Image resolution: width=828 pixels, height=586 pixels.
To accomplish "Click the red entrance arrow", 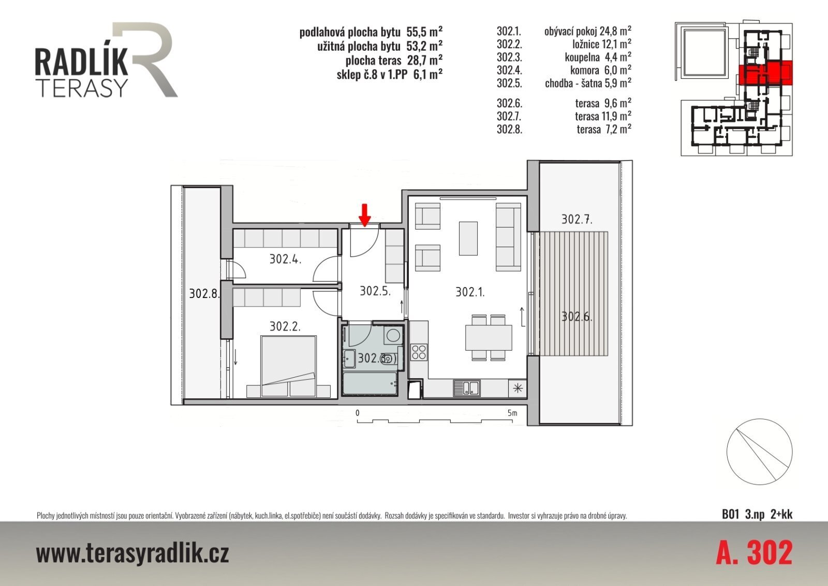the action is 365,215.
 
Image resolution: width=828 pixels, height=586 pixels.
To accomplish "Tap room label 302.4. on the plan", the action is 285,259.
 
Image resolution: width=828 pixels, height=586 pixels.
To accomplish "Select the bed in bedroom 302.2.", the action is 289,366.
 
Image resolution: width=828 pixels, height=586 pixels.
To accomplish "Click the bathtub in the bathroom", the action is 369,383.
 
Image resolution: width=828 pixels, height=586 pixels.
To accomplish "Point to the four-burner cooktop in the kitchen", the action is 419,352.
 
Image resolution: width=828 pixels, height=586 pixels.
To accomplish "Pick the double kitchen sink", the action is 466,388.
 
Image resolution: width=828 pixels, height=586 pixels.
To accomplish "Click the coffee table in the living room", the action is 468,238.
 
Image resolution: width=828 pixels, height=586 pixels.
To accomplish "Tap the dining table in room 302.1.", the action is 489,337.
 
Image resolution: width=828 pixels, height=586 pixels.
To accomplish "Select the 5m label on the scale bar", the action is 512,413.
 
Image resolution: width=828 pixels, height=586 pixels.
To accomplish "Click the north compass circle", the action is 760,452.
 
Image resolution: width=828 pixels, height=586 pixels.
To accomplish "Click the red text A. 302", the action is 754,553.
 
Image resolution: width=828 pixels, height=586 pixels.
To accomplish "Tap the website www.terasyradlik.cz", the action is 132,553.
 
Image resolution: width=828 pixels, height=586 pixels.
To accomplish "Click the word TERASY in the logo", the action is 83,88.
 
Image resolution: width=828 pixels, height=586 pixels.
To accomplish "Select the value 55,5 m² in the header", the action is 424,32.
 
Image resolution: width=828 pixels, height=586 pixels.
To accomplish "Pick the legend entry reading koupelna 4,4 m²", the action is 598,58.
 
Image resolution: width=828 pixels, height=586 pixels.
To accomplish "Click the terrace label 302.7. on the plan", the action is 576,219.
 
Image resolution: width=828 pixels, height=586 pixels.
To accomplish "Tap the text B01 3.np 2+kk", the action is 757,514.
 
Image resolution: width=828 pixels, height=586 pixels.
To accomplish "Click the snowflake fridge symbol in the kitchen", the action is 517,388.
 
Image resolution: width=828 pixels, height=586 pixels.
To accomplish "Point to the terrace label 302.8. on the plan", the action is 204,294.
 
